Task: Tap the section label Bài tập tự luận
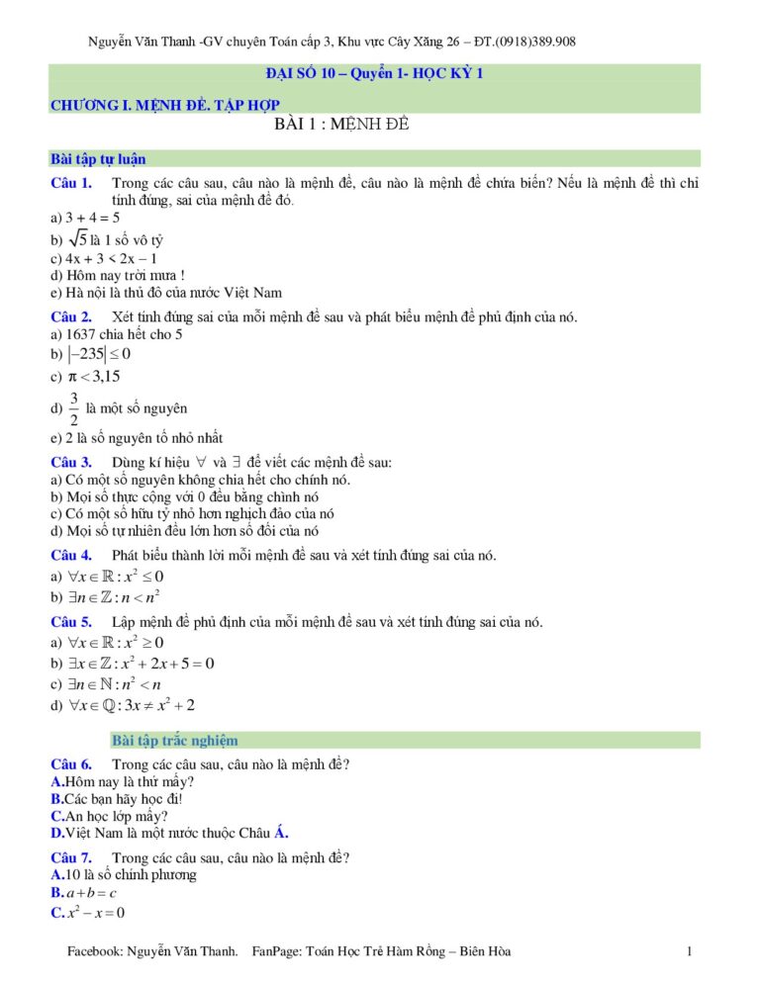click(x=99, y=158)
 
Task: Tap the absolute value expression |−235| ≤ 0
click(x=99, y=354)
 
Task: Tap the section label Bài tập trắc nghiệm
click(x=175, y=740)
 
